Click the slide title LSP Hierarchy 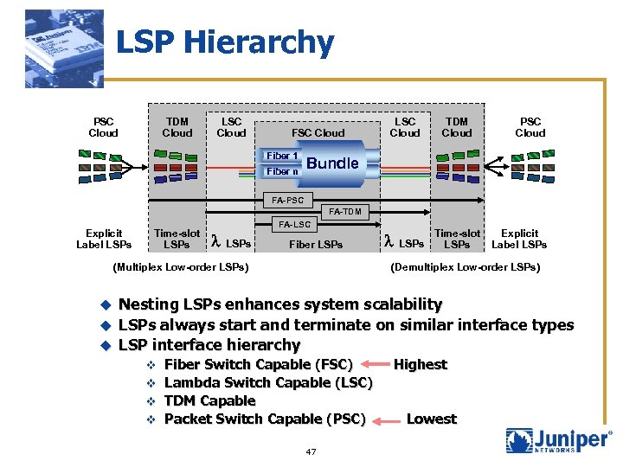[x=224, y=42]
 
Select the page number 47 [x=311, y=451]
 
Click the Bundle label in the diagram [x=332, y=163]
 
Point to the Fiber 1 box [x=283, y=156]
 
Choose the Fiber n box [x=283, y=171]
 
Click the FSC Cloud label [x=318, y=133]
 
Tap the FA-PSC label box [x=288, y=201]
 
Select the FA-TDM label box [x=345, y=212]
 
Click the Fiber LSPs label [x=316, y=245]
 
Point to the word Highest [x=421, y=364]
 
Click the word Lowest [x=431, y=419]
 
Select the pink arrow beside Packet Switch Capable [x=387, y=419]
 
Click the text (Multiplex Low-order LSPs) [x=181, y=266]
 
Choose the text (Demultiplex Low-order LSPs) [x=466, y=266]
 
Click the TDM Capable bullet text [x=209, y=400]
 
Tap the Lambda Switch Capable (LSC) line [x=268, y=382]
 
